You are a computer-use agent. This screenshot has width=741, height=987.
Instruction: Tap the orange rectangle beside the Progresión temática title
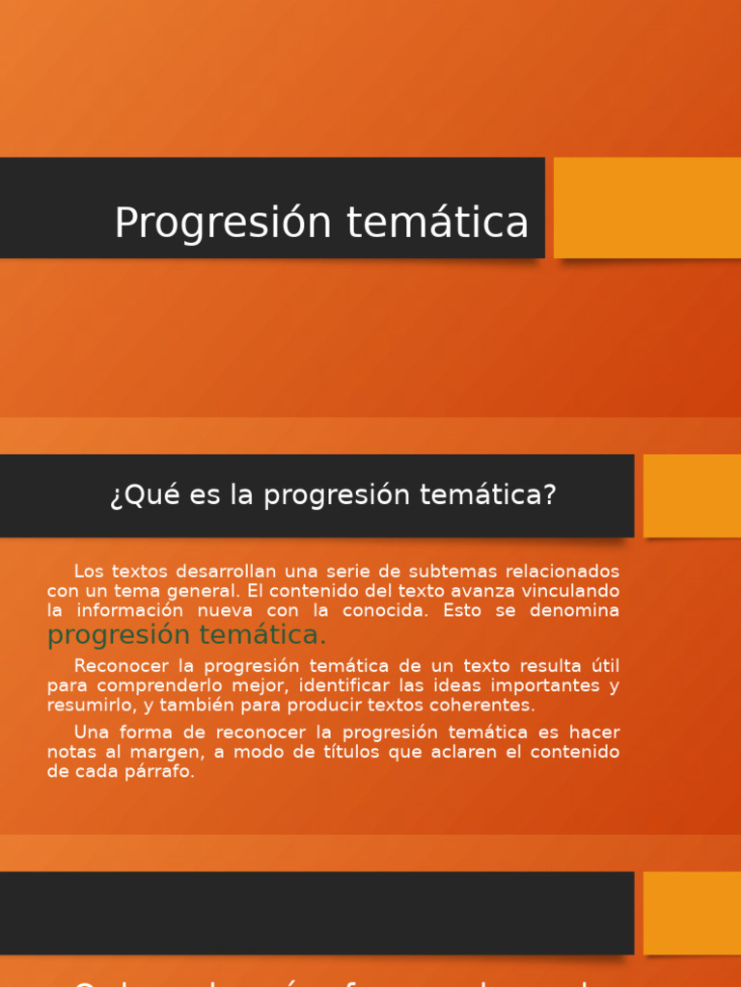pos(646,207)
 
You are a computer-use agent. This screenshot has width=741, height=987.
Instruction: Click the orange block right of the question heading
pos(692,495)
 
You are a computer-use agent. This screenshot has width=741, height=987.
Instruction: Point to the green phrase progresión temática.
pos(187,635)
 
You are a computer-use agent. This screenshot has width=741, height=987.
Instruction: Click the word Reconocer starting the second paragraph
pos(121,666)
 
